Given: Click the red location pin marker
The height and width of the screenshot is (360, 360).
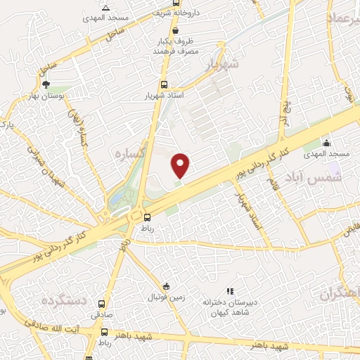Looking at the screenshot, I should click(181, 166).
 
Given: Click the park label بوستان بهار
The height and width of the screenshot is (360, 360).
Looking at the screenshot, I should click(48, 96).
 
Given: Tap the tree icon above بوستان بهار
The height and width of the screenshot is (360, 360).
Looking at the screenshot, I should click(47, 84).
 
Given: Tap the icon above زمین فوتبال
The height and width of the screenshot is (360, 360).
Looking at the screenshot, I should click(166, 285).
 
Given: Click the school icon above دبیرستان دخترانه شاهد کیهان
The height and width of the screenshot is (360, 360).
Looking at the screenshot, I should click(229, 290).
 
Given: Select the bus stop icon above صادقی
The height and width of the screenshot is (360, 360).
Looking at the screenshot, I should click(103, 304).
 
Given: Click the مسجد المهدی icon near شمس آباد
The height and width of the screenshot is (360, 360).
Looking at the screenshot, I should click(325, 143).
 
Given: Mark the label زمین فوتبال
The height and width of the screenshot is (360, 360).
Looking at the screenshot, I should click(166, 297).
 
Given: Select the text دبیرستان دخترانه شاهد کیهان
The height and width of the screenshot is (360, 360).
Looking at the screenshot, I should click(229, 306).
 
